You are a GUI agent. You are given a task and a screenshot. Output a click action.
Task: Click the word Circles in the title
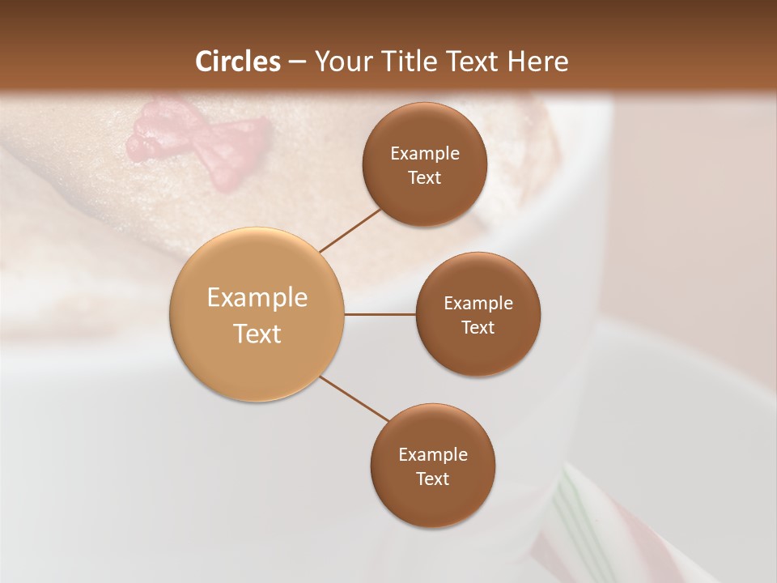tap(237, 62)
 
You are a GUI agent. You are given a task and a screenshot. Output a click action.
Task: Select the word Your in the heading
tap(340, 62)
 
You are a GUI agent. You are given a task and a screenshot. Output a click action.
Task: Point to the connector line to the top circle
tap(350, 230)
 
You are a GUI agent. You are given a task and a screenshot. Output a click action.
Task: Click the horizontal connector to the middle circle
tap(380, 314)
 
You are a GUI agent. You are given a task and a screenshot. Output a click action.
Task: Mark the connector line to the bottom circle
tap(353, 398)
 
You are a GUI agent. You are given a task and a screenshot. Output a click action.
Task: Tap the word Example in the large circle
tap(257, 298)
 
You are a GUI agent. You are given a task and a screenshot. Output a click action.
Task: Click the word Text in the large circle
tap(257, 334)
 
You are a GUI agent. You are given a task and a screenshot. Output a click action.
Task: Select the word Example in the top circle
tap(424, 153)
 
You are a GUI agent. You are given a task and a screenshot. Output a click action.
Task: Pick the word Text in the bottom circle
tap(432, 479)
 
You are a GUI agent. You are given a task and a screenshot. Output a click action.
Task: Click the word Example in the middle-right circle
tap(478, 304)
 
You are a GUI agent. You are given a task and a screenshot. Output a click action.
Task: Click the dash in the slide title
tap(297, 62)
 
